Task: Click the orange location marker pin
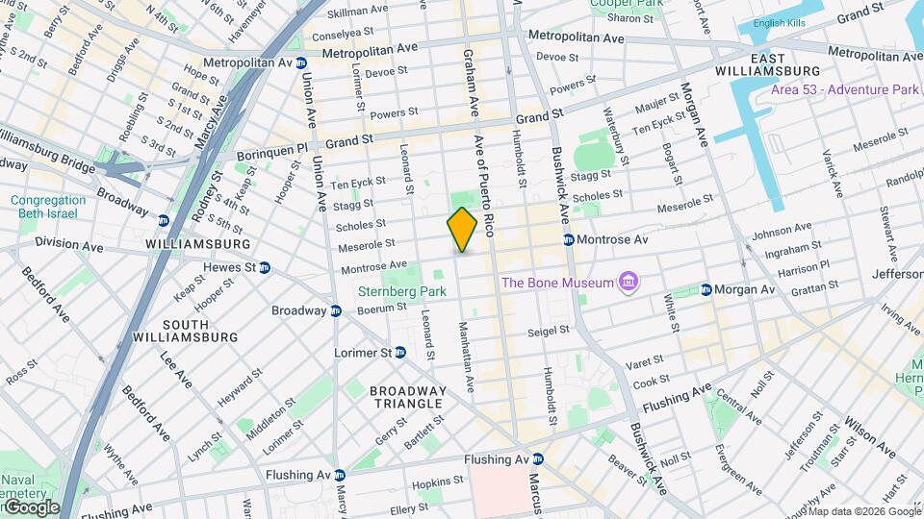point(462,230)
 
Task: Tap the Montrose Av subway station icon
point(569,239)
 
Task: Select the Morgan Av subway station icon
point(706,289)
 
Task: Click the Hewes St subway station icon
point(264,267)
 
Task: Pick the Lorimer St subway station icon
point(401,353)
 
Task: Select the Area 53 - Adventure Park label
point(845,89)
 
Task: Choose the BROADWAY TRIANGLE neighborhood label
point(408,398)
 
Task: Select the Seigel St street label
point(550,333)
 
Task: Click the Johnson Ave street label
point(781,232)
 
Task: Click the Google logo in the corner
point(31,507)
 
